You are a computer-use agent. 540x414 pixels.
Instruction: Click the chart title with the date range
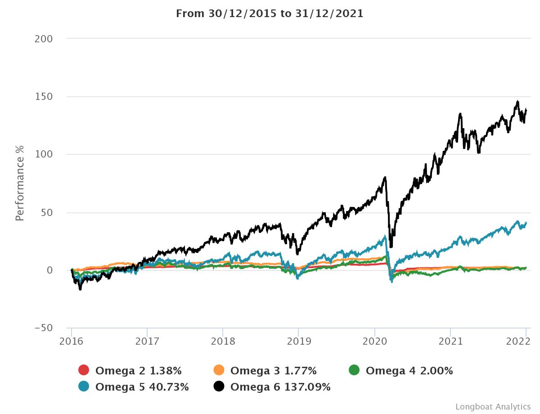(x=270, y=13)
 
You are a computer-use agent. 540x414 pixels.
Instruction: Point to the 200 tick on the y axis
(x=44, y=39)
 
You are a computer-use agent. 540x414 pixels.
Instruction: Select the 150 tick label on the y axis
(x=44, y=97)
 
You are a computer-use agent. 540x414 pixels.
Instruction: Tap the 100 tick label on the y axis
(x=44, y=154)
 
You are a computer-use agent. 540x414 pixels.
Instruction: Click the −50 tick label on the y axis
(x=44, y=328)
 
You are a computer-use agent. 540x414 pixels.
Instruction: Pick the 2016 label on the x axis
(x=72, y=341)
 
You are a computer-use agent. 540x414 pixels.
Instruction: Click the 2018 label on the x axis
(x=223, y=341)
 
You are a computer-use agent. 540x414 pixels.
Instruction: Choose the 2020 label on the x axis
(x=375, y=341)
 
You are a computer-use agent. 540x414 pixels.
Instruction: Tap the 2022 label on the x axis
(x=526, y=341)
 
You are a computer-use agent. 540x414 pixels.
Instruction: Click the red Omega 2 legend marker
(x=84, y=370)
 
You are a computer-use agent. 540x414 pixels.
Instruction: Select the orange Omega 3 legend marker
(x=219, y=370)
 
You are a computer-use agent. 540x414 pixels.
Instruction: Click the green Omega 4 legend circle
(x=354, y=370)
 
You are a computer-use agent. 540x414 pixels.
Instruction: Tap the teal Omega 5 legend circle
(x=84, y=386)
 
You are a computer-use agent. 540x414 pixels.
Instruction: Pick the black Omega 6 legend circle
(x=219, y=386)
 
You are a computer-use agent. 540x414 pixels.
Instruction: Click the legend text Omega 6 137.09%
(x=280, y=387)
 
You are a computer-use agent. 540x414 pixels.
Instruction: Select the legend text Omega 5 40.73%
(x=142, y=387)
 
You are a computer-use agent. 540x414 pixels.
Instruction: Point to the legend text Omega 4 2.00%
(x=409, y=371)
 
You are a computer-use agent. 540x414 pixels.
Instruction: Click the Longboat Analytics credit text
(x=493, y=406)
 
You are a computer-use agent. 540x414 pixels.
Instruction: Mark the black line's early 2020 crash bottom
(x=391, y=247)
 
